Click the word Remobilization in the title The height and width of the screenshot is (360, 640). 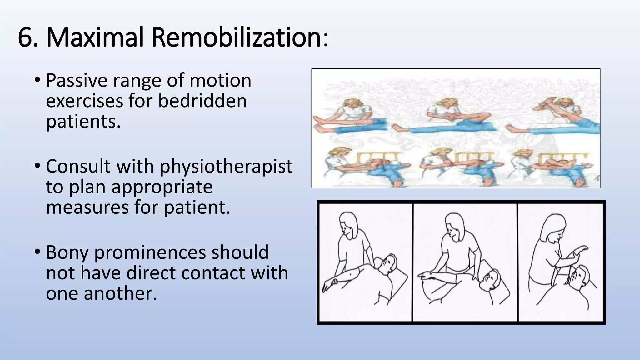pos(237,37)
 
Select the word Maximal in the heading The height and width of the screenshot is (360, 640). pos(95,37)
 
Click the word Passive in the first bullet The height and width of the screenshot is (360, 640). pos(77,81)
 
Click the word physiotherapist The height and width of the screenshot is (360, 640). pos(226,166)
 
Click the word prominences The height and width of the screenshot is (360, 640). pos(150,252)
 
